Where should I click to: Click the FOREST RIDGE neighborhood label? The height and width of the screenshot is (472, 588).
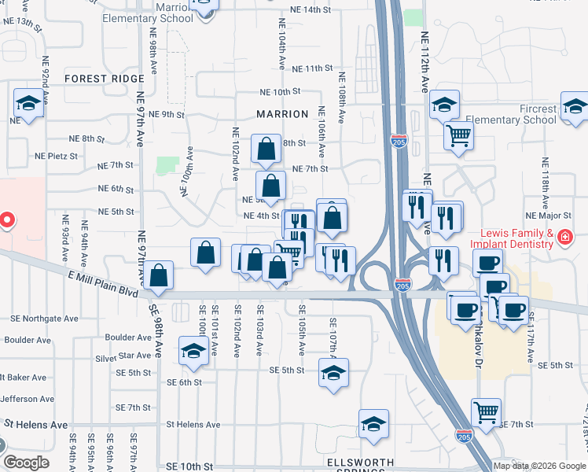(105, 79)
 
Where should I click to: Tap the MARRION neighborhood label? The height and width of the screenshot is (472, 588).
(282, 114)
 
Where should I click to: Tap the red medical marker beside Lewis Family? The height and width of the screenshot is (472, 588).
(564, 236)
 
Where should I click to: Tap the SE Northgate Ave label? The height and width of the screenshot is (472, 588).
(45, 319)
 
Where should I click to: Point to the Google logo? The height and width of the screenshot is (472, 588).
(26, 463)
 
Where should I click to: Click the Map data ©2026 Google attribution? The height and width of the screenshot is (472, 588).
(539, 466)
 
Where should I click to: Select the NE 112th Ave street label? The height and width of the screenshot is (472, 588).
(425, 60)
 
